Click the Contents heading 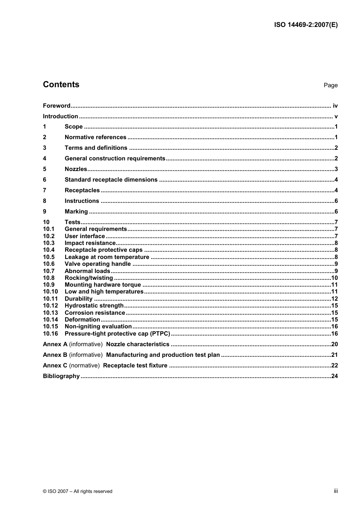pos(61,85)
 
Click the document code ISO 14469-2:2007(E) pos(306,25)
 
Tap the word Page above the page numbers pos(330,85)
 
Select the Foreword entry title pos(56,106)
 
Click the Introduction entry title pos(60,116)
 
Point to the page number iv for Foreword pos(335,106)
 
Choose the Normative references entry pos(95,137)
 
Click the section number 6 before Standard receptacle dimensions pos(45,180)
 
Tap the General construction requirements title pos(115,158)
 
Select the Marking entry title pos(76,212)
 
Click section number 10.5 pos(49,257)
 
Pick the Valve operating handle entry pos(98,264)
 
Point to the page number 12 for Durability pos(334,299)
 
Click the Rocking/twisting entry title pos(89,278)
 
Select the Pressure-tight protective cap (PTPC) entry pos(117,334)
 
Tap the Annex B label pos(55,355)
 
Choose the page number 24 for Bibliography pos(334,376)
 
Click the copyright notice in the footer pos(78,491)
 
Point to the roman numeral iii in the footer pos(336,491)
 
